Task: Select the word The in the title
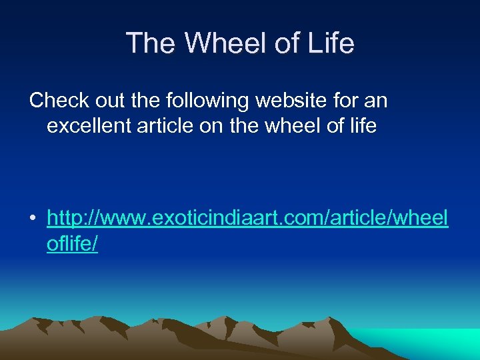coord(153,43)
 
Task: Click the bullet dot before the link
coord(33,219)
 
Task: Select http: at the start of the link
coord(67,218)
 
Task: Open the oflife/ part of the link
coord(72,244)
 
